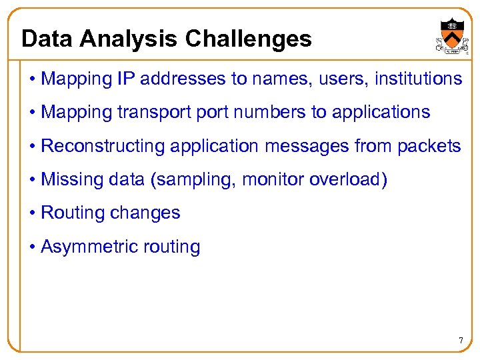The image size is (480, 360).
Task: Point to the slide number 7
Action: (460, 341)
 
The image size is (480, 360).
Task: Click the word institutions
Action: (419, 79)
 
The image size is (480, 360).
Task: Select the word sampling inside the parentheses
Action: (204, 180)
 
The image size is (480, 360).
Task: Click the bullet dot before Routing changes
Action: (33, 213)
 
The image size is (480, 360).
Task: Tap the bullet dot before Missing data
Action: (33, 179)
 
